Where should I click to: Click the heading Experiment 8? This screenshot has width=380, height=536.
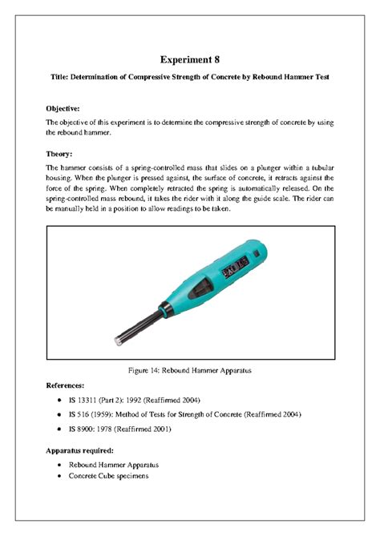click(x=189, y=60)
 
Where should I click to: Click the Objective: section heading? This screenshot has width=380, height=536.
click(x=65, y=105)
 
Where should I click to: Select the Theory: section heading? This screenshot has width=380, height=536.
click(x=60, y=152)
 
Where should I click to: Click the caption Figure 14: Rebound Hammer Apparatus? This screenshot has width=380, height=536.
click(x=189, y=371)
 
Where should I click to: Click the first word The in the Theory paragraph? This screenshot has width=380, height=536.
click(x=52, y=167)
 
